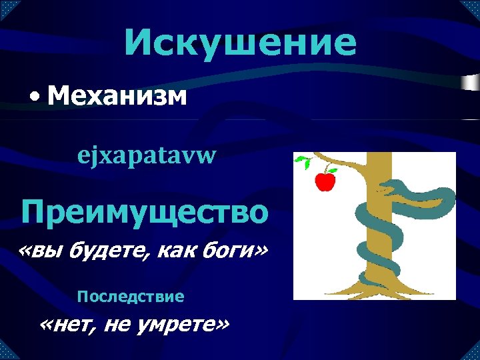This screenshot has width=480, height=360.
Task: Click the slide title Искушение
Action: (240, 43)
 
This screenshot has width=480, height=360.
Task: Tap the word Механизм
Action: (117, 97)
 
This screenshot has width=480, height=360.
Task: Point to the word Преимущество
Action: (145, 212)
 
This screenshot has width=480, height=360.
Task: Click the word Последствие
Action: (131, 295)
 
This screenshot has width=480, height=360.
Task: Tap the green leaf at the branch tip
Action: (303, 161)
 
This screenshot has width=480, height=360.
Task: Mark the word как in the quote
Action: (176, 253)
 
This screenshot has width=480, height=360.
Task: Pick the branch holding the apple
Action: (340, 163)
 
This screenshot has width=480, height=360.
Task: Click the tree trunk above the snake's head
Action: (379, 163)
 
